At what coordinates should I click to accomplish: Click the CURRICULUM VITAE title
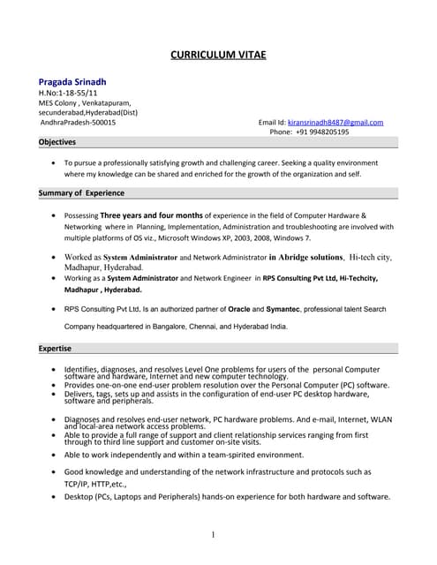point(218,55)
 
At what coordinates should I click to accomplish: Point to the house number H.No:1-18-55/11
point(67,93)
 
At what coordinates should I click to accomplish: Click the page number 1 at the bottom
point(214,535)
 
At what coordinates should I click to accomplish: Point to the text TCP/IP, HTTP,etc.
point(96,484)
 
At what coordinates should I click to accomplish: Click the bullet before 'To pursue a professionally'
point(56,163)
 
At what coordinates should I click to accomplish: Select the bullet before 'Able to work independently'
point(56,455)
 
